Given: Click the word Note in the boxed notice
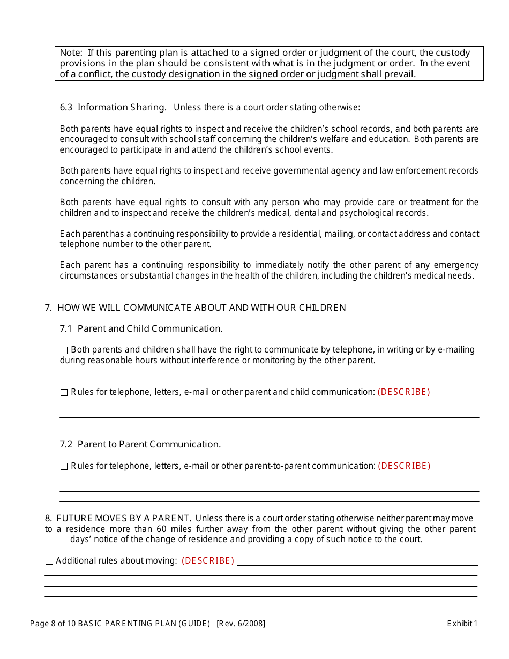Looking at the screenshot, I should click(70, 53).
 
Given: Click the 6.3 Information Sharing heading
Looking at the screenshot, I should click(113, 107).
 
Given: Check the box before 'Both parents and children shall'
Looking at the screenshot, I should click(64, 350).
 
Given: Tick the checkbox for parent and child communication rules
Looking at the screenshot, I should click(64, 393).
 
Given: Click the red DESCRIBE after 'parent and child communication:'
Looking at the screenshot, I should click(404, 392).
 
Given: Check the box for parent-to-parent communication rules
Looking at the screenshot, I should click(64, 467).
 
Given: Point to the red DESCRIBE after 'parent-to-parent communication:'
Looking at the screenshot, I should click(404, 466).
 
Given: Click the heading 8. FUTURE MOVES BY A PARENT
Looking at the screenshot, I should click(118, 518).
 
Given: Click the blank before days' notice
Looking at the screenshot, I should click(57, 540).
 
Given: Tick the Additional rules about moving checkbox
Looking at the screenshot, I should click(49, 561).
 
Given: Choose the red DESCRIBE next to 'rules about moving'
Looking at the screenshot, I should click(208, 560).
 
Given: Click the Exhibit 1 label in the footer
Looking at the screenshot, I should click(462, 623).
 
